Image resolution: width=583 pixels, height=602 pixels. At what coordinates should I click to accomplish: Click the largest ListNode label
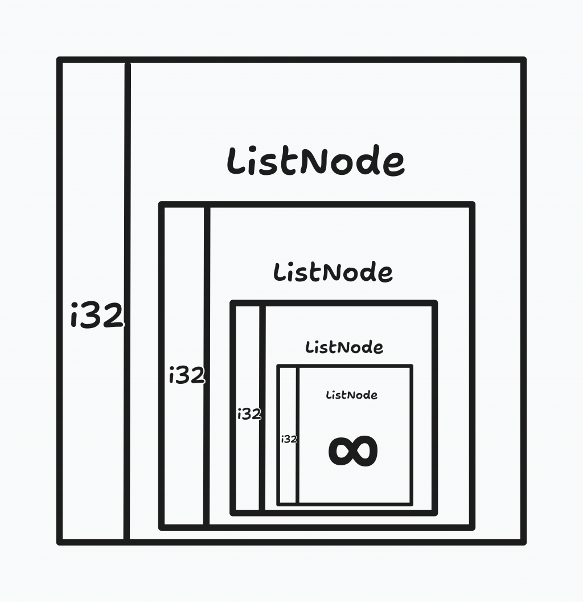click(x=315, y=161)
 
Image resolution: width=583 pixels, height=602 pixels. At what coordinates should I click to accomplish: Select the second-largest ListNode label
click(x=333, y=272)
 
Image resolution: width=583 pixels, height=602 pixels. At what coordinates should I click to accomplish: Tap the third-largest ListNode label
click(x=344, y=347)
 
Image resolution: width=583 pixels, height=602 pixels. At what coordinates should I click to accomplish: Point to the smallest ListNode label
click(x=351, y=395)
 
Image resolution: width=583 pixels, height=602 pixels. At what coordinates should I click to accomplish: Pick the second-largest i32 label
click(x=187, y=375)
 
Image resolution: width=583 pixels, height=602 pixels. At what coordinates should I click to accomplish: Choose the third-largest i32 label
click(x=249, y=414)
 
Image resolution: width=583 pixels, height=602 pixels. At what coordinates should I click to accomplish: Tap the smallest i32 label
click(x=289, y=439)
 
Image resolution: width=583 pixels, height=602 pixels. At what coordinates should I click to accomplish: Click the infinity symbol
click(x=353, y=452)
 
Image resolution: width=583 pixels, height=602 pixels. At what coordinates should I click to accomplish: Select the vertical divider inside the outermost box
click(x=127, y=302)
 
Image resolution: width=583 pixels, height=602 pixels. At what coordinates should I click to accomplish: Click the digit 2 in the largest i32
click(x=113, y=316)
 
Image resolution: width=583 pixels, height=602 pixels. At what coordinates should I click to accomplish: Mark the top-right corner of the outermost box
click(x=523, y=60)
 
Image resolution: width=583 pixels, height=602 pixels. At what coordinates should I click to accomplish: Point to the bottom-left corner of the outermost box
click(x=60, y=542)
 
